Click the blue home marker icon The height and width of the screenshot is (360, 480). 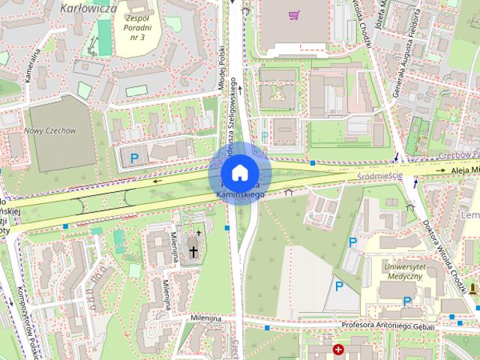[x=239, y=172]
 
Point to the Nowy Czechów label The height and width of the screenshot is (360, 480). [x=50, y=130]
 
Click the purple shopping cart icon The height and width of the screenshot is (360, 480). [x=294, y=14]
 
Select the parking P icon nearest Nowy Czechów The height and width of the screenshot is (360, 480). [x=134, y=158]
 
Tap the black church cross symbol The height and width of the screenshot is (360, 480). [x=193, y=251]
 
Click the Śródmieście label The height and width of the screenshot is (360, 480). [x=379, y=176]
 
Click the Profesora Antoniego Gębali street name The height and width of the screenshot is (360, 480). [x=388, y=325]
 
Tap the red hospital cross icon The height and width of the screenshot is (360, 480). [x=339, y=350]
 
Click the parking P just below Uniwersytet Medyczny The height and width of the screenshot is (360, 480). [x=407, y=301]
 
